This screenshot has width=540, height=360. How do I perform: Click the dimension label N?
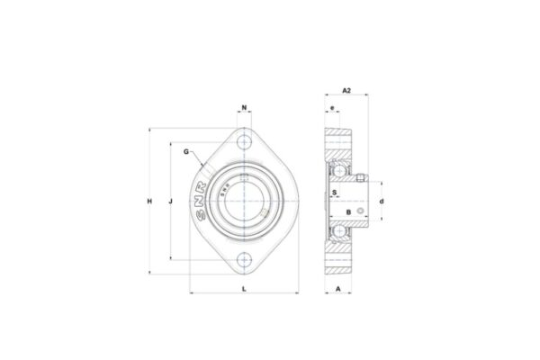(246, 108)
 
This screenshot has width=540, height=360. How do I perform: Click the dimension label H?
(149, 201)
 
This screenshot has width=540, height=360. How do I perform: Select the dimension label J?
(171, 201)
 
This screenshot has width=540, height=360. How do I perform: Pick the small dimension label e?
(332, 108)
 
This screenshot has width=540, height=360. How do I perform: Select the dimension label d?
(382, 201)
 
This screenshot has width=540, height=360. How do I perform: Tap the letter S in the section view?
(335, 191)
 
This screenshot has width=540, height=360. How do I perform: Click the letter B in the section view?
(348, 211)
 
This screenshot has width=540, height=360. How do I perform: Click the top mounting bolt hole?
(246, 140)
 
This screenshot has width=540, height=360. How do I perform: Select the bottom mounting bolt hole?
(246, 261)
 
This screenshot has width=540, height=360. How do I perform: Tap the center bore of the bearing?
(246, 201)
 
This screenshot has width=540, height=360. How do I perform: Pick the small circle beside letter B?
(362, 211)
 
